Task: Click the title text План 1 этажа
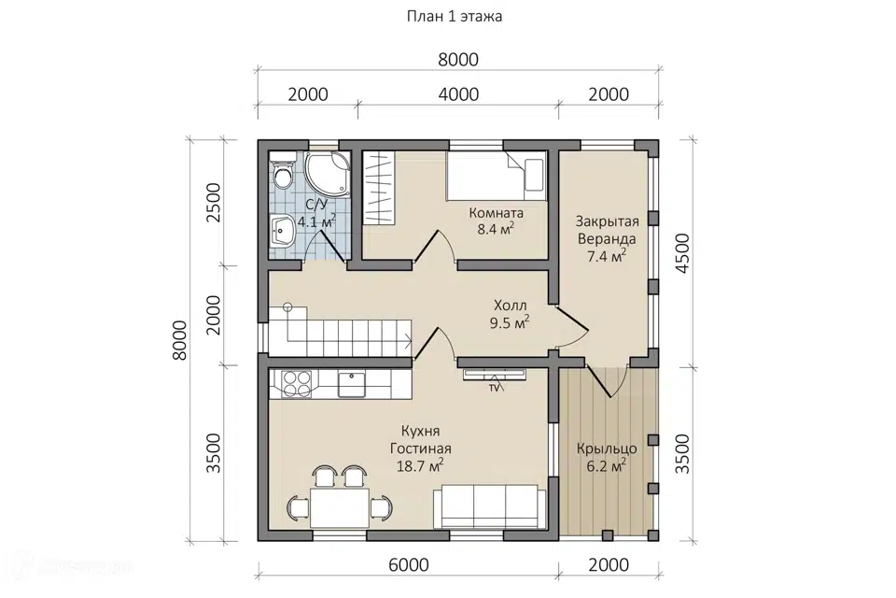[455, 17]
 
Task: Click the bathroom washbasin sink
[282, 231]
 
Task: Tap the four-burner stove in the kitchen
[297, 384]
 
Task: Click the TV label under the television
[495, 388]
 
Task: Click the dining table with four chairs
[340, 497]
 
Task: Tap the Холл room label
[511, 306]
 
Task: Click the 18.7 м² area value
[420, 466]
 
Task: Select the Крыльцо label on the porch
[607, 448]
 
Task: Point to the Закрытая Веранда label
[607, 230]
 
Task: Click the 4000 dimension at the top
[458, 93]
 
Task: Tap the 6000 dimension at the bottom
[408, 564]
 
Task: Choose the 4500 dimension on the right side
[683, 253]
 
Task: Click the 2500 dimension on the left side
[213, 202]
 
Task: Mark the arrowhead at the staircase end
[409, 343]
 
